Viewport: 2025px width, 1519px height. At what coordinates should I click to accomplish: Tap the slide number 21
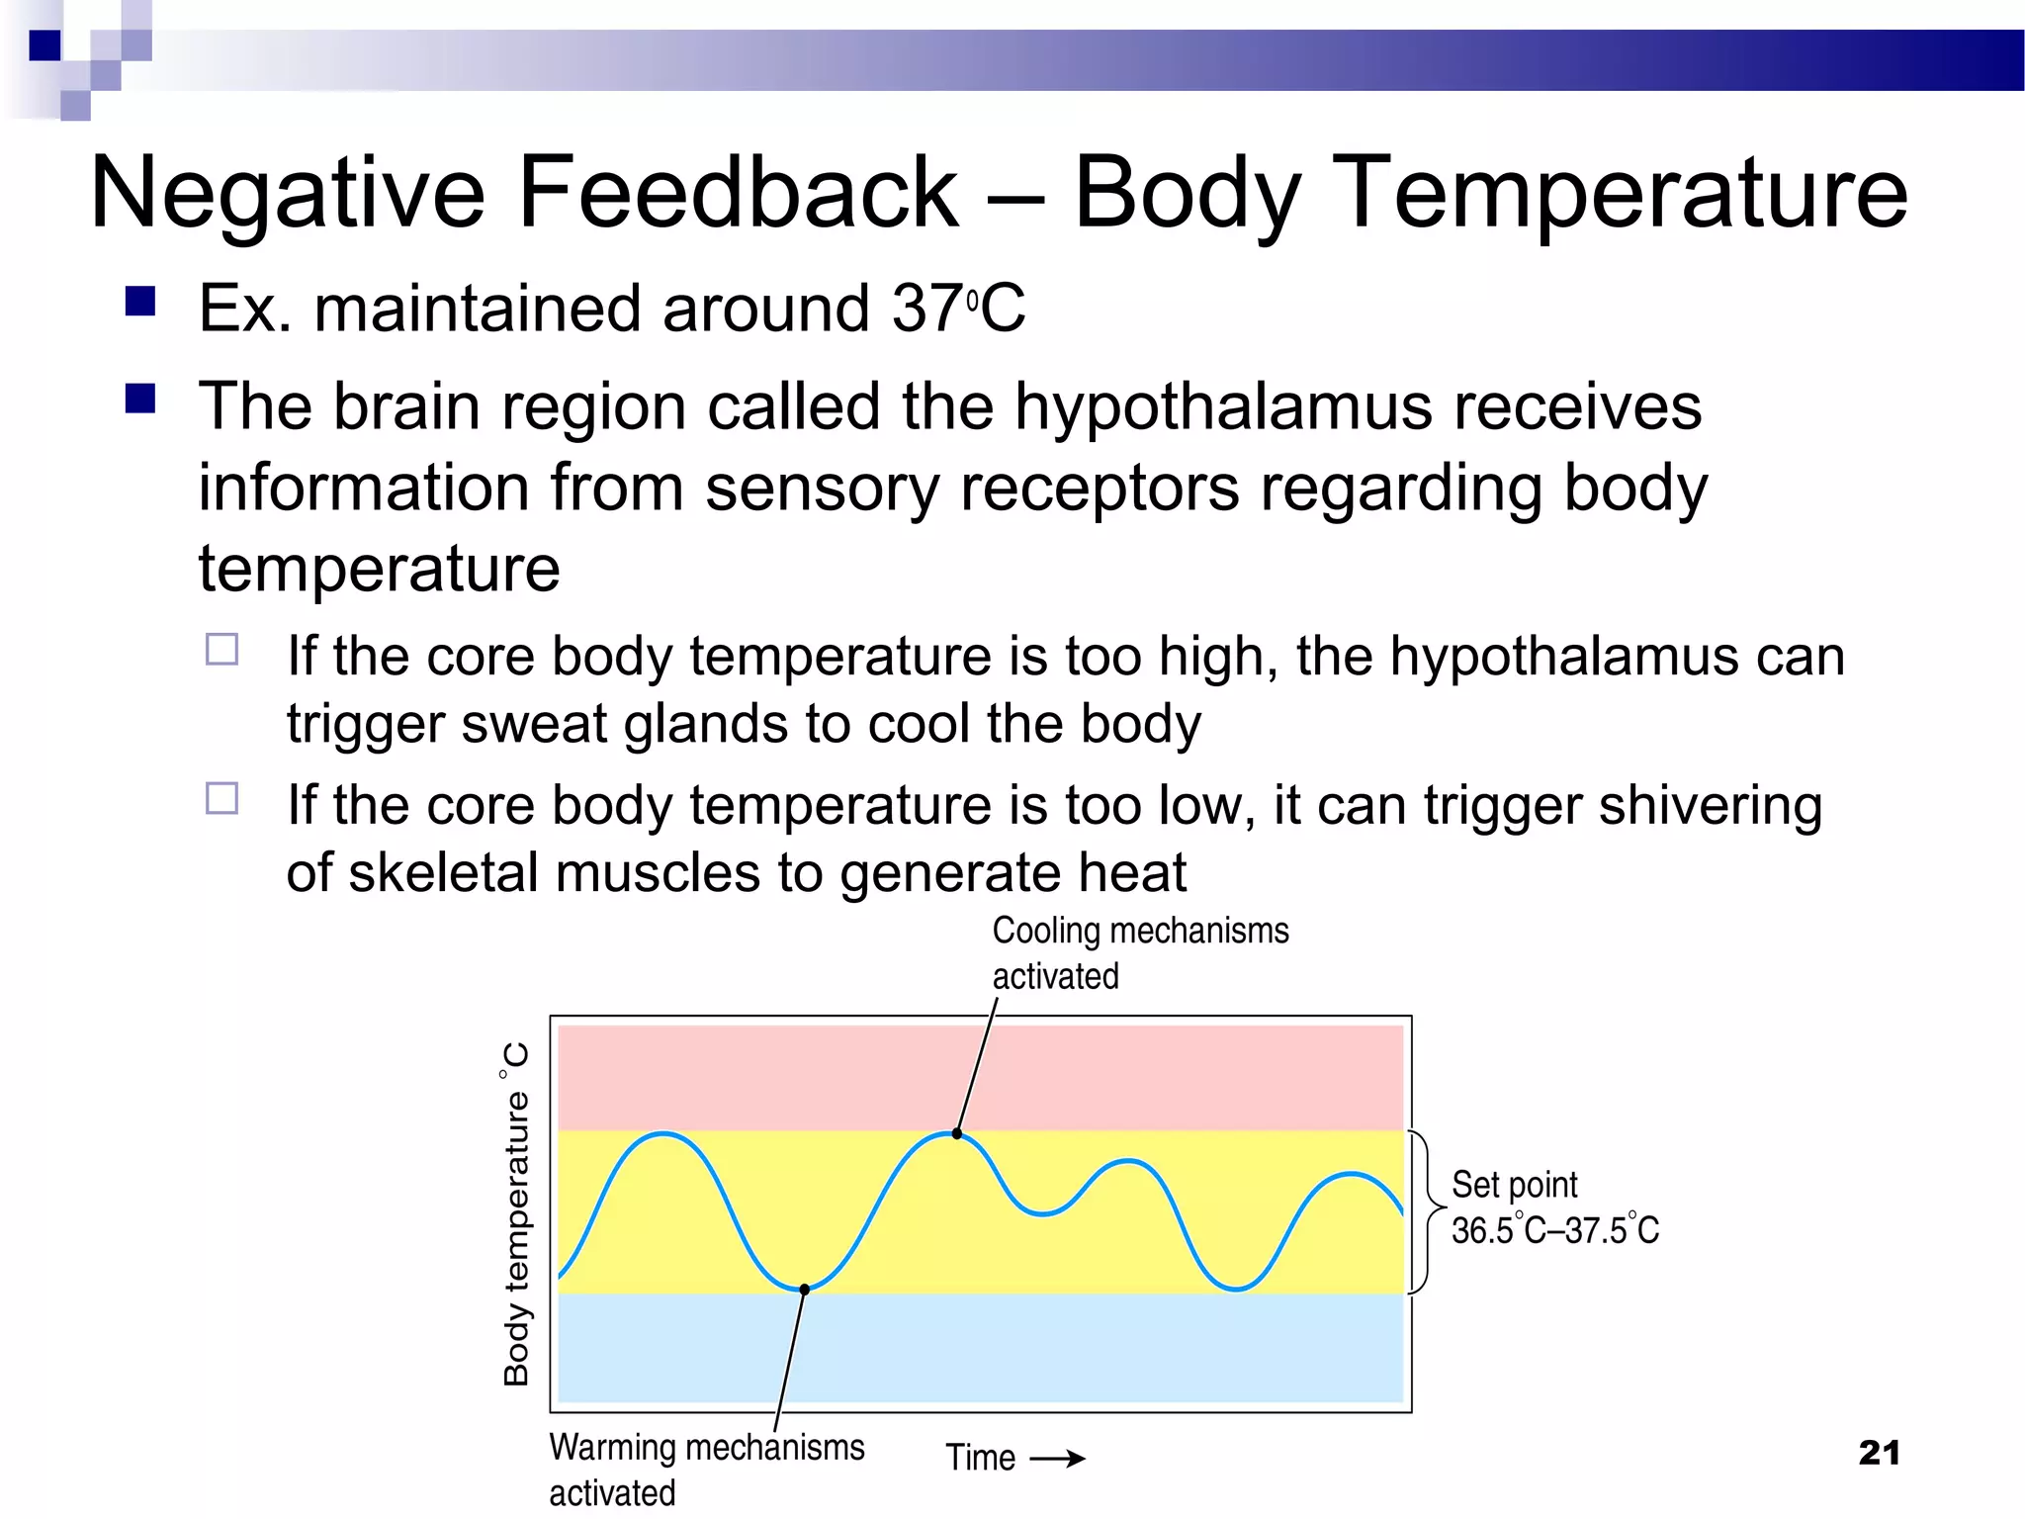point(1879,1453)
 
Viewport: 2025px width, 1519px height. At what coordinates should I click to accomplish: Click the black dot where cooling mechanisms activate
point(957,1134)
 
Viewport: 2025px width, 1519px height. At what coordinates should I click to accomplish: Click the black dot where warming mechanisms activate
point(805,1290)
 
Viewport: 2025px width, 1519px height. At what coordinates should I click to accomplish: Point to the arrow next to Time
point(1057,1459)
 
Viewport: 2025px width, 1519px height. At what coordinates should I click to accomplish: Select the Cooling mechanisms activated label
point(1139,953)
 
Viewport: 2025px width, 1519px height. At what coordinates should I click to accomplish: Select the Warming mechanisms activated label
point(706,1470)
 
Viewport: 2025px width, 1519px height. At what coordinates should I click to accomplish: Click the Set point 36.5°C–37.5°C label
point(1553,1207)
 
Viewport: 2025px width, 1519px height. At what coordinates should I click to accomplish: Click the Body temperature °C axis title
point(516,1213)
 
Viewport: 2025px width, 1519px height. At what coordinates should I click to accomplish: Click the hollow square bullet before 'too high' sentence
point(222,650)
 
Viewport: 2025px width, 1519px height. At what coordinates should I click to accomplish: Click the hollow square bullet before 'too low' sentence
point(222,798)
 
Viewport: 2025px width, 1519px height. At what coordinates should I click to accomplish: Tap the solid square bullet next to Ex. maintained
point(140,301)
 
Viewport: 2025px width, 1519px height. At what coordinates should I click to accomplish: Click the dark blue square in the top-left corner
point(44,45)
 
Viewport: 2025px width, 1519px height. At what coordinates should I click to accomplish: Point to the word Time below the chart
point(980,1459)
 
